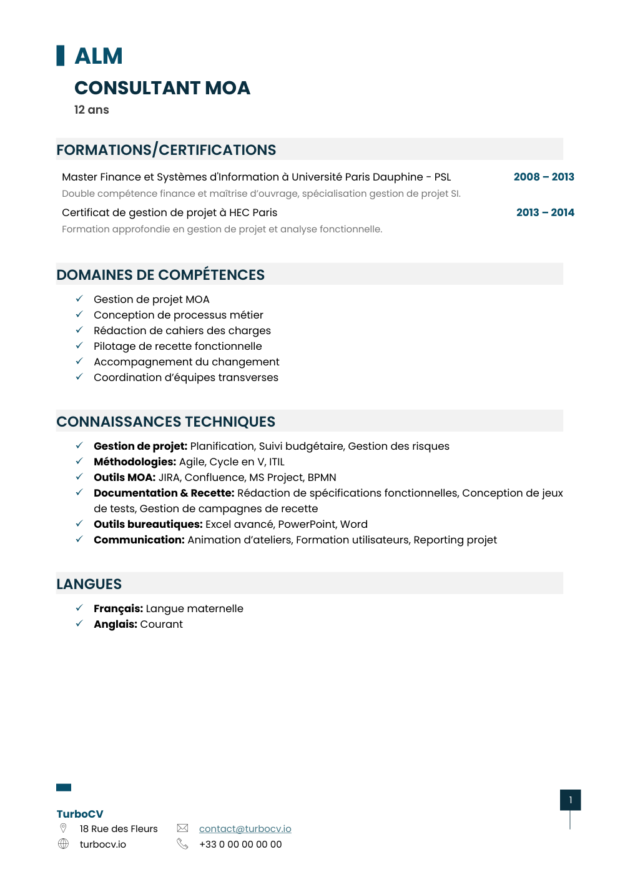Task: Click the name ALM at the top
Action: tap(99, 56)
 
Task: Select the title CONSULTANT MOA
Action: tap(162, 88)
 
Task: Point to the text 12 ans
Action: tap(92, 110)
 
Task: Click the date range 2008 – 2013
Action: tap(543, 177)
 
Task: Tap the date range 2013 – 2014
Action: tap(544, 212)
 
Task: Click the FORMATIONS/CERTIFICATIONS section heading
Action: tap(166, 150)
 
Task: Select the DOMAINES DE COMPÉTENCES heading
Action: tap(160, 275)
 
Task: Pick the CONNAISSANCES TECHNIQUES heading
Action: tap(165, 422)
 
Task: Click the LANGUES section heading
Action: tap(89, 584)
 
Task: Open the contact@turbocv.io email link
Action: tap(245, 828)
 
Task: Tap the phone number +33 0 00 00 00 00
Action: tap(240, 844)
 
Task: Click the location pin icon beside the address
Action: tap(63, 828)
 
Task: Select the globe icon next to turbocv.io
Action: tap(63, 844)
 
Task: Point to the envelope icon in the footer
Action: tap(182, 828)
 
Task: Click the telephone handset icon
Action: tap(182, 844)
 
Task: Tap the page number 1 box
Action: tap(570, 800)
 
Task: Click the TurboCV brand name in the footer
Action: tap(80, 814)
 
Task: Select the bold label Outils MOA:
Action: tap(124, 477)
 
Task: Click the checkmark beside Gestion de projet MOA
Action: tap(79, 299)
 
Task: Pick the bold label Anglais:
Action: tap(116, 624)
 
